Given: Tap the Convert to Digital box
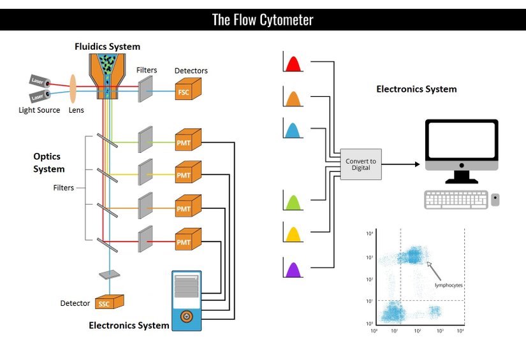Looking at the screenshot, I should pos(361,164).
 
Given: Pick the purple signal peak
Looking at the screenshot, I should pos(293,270).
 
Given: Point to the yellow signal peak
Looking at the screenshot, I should pos(293,235).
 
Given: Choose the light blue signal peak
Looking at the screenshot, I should pos(293,131).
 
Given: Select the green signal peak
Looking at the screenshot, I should pos(293,202).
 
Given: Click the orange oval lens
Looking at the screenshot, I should pos(73,89).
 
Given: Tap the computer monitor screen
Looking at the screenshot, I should pos(462,146).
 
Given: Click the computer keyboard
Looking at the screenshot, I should pos(455,200).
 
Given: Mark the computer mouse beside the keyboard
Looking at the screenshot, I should pos(495,200).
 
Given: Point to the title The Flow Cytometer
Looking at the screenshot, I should pos(263,20).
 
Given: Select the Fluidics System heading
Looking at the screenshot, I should pos(107,47).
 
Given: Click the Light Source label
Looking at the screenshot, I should pos(40,110).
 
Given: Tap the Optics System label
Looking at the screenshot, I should pos(49,162).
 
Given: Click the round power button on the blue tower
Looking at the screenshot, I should pos(186,315).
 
